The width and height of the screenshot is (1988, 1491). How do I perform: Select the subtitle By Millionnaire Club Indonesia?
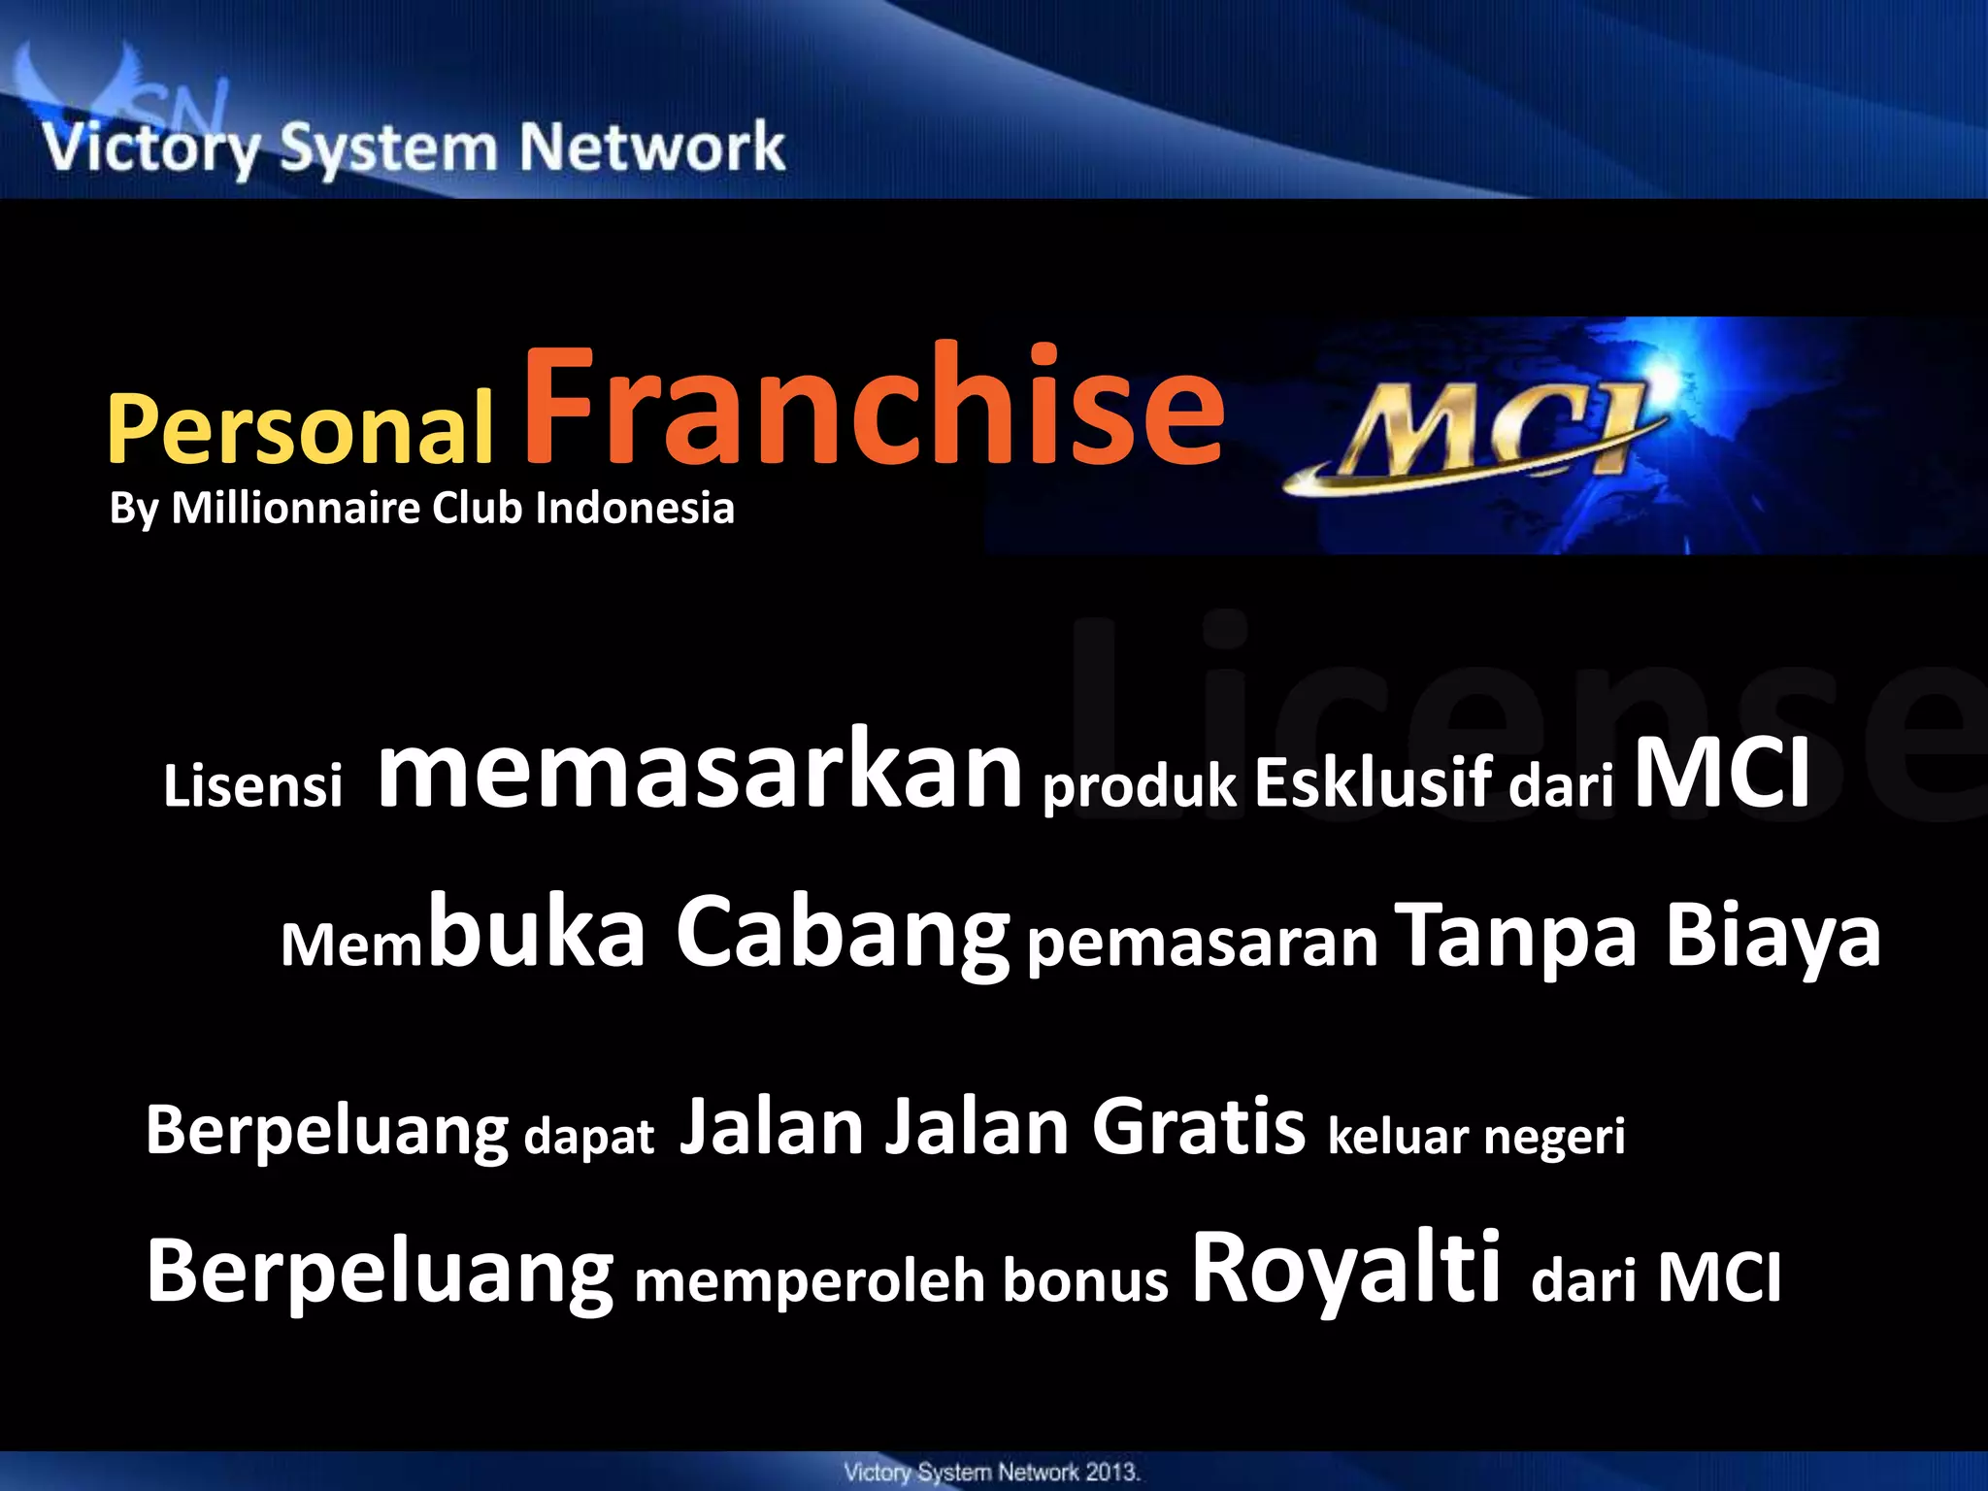point(421,509)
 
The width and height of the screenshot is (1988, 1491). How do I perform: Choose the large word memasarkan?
point(700,771)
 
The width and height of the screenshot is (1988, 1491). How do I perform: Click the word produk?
point(1140,785)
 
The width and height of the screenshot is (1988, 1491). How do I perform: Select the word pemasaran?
point(1202,943)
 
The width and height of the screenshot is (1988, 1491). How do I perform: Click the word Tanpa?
point(1515,934)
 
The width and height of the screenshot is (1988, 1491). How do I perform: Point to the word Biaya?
point(1773,934)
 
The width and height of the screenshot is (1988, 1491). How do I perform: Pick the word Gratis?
point(1198,1127)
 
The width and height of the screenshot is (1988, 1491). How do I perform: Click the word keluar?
point(1397,1136)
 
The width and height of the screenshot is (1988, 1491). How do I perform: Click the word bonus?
point(1085,1280)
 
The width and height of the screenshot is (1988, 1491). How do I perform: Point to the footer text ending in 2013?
point(991,1473)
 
